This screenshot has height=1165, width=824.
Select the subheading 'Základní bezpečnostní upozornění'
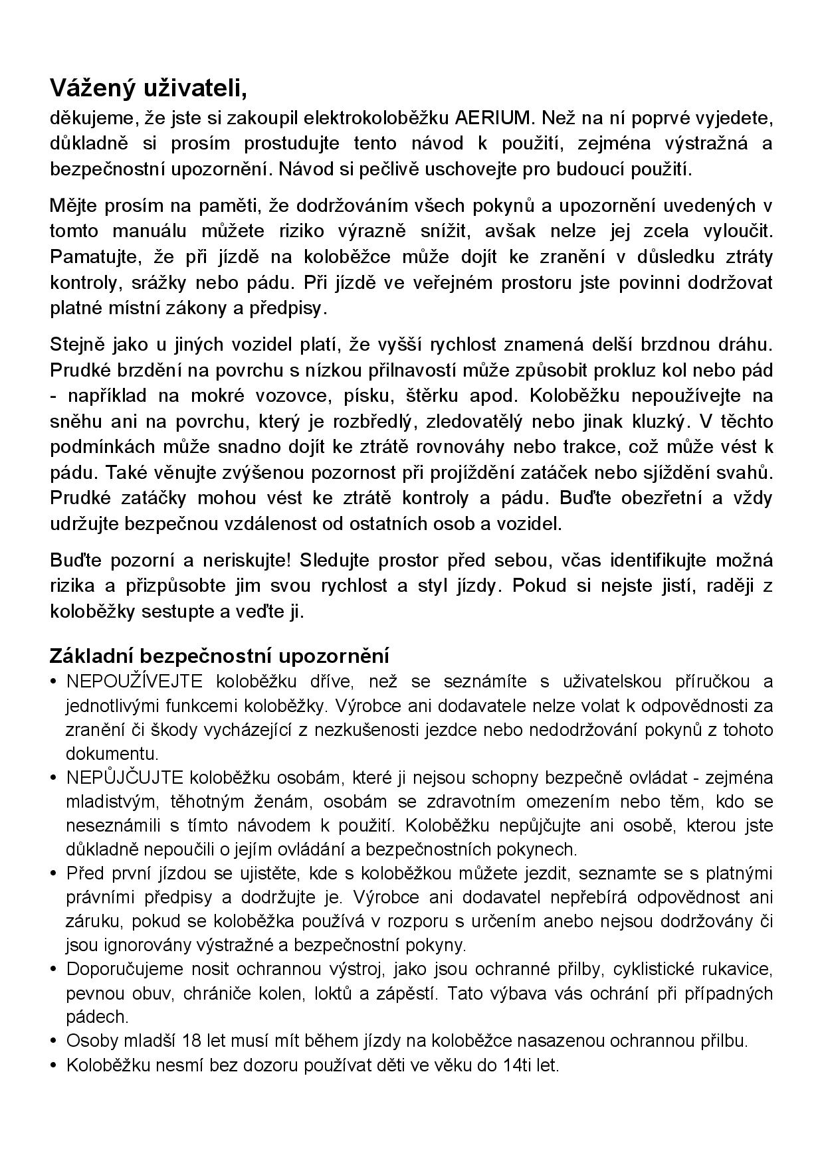click(219, 656)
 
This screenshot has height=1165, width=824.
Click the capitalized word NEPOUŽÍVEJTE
click(135, 681)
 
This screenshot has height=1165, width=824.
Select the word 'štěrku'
click(432, 396)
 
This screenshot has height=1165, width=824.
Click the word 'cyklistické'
click(661, 968)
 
